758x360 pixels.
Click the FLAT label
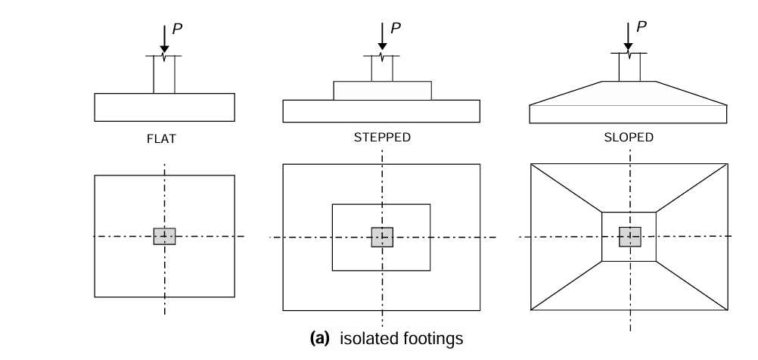click(164, 140)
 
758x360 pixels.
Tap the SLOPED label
click(629, 138)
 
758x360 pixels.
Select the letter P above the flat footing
click(177, 28)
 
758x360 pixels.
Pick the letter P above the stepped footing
click(395, 28)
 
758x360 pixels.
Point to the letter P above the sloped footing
click(642, 26)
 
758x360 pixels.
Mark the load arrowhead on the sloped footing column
click(629, 48)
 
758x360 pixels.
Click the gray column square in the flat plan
click(164, 236)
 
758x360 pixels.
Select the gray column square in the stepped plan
click(382, 237)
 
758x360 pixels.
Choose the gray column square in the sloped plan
click(629, 237)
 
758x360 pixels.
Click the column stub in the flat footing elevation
click(164, 75)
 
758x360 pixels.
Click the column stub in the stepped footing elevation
click(382, 69)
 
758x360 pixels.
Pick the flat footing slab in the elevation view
click(164, 107)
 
